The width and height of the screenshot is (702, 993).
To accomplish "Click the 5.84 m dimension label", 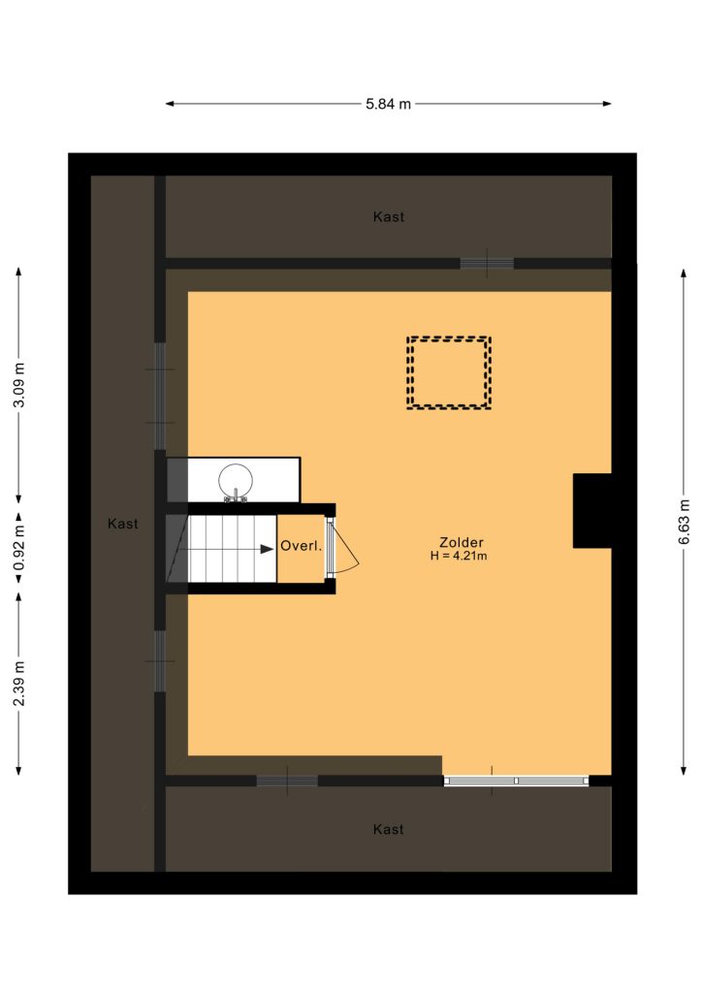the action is pos(388,104).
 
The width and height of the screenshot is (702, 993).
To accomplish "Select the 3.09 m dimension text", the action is pos(19,385).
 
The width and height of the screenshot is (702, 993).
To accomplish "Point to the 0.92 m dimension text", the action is pos(19,547).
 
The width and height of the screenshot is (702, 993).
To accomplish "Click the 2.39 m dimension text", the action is pos(19,683).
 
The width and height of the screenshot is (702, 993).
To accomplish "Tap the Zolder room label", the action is pos(462,542).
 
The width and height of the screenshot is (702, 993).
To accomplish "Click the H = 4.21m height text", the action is pos(459,556).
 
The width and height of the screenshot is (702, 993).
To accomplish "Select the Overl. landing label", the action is pos(302,546).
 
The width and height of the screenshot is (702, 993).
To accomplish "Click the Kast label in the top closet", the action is pos(389,216).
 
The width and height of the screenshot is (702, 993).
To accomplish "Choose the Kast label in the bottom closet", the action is pos(388,829).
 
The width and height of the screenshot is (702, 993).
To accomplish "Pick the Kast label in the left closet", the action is pos(123,524).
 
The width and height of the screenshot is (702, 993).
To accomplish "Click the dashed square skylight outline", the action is pos(449,338).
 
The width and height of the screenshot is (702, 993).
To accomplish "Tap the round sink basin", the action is pos(236,481).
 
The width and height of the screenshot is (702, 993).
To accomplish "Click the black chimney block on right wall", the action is pos(591,510).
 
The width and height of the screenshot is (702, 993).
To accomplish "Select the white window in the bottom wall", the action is pos(516,781).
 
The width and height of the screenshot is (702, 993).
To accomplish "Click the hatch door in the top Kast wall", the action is pos(487,263).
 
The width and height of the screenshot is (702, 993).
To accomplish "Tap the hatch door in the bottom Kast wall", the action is pos(287,781).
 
